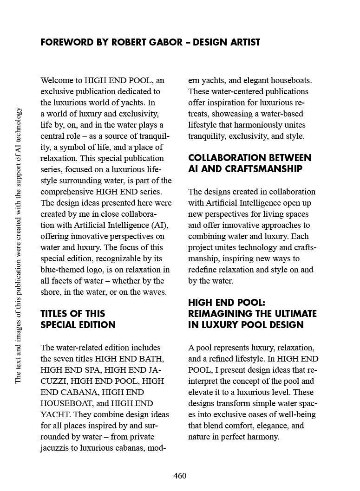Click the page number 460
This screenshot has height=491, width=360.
(x=180, y=476)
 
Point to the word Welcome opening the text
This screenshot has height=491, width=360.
(x=57, y=80)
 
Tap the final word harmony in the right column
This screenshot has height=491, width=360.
(x=264, y=437)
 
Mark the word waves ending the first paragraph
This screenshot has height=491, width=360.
(x=155, y=292)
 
